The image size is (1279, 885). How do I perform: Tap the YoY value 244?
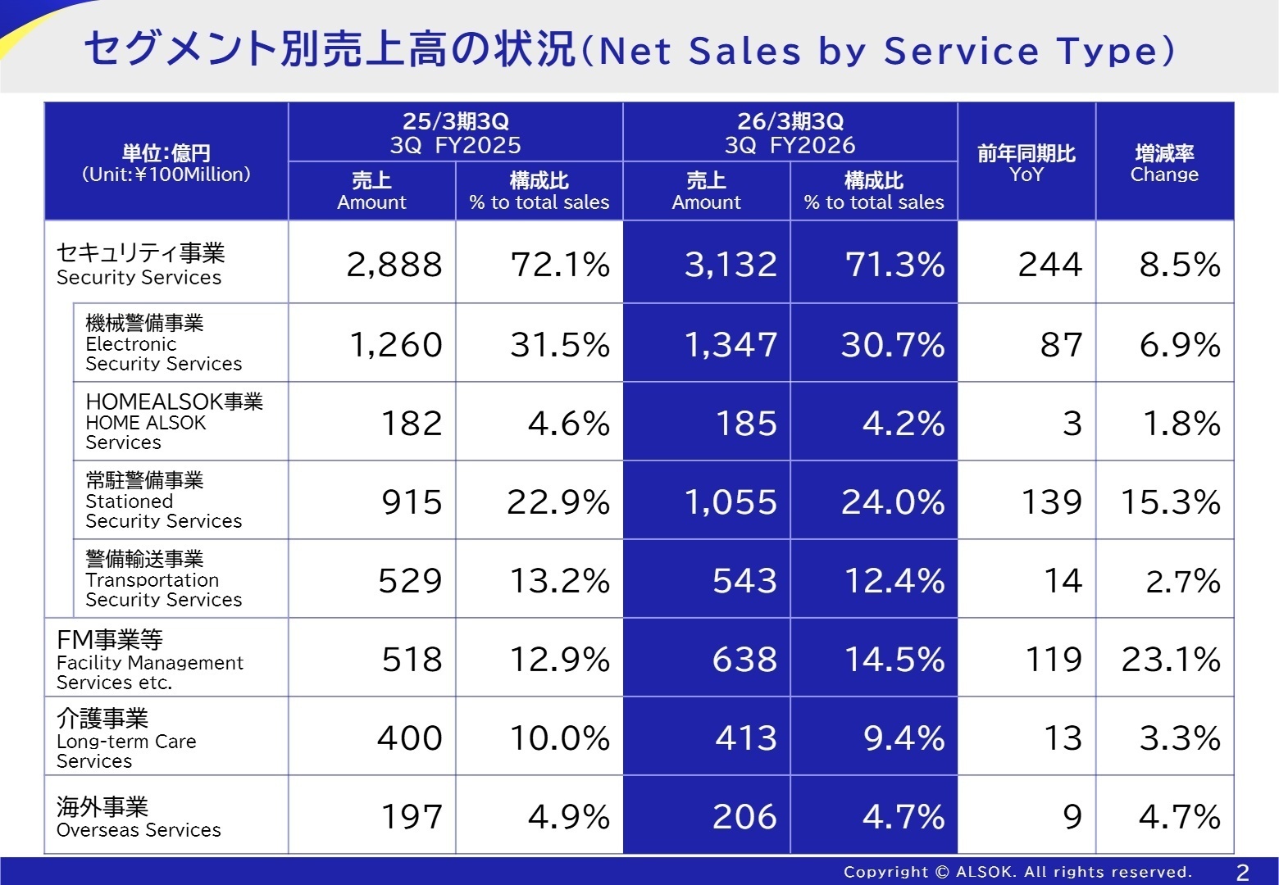(x=1049, y=265)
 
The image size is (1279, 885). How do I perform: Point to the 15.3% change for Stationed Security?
(x=1170, y=501)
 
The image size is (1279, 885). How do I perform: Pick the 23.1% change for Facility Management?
(x=1170, y=660)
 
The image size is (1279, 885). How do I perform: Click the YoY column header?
(x=1026, y=163)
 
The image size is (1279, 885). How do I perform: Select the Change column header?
(x=1164, y=163)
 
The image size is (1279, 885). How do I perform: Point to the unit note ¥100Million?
(x=166, y=175)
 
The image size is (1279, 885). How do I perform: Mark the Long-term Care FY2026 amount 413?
(x=745, y=738)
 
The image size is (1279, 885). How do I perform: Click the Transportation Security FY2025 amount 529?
(x=410, y=581)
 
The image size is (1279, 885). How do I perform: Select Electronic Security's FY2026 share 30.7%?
(x=893, y=345)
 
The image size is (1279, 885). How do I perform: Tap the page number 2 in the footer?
(x=1242, y=873)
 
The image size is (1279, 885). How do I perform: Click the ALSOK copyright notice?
(x=1017, y=872)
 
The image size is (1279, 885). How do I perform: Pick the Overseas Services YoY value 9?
(x=1072, y=817)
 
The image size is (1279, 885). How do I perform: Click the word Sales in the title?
(x=744, y=51)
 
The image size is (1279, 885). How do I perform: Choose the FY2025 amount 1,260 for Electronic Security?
(x=395, y=345)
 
